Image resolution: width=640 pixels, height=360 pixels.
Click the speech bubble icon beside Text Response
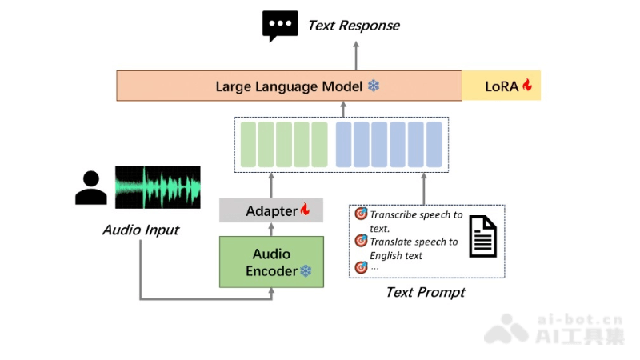click(279, 26)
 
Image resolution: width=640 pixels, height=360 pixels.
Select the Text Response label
click(354, 26)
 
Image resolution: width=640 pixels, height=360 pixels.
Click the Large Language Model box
click(289, 86)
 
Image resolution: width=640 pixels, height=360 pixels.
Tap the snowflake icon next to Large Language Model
click(374, 86)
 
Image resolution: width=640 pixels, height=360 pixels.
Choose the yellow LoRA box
click(502, 86)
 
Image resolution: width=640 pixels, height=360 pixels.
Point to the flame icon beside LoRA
click(527, 85)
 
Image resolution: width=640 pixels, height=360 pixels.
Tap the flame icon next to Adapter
click(305, 210)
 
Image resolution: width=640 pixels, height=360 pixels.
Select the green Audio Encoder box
click(271, 262)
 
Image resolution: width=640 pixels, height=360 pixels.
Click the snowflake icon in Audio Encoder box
click(306, 271)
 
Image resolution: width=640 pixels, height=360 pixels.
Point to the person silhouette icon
click(90, 188)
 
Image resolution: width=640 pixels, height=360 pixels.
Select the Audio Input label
click(141, 230)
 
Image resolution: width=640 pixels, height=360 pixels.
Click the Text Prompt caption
click(426, 293)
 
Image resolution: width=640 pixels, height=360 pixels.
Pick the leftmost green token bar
click(247, 143)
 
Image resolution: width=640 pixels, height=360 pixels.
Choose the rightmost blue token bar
click(434, 143)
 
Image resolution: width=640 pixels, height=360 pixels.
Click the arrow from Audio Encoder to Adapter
click(271, 230)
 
